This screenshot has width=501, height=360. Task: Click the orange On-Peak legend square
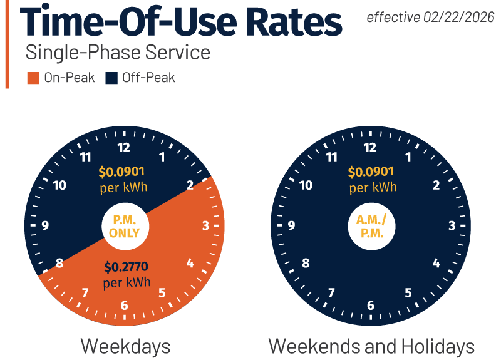34,78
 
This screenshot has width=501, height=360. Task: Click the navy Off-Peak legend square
111,78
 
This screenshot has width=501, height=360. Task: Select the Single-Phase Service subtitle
118,53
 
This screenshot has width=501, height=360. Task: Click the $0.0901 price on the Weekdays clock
124,172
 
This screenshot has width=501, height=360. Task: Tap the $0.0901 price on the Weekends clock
372,172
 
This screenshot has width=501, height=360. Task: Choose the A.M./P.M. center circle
371,227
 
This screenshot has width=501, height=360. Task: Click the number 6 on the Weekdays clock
125,305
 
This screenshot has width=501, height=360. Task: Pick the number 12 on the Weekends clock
371,148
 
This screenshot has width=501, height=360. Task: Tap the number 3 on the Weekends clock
452,226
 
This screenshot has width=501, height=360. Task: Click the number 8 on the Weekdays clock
59,263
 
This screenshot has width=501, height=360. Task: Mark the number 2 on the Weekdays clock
189,185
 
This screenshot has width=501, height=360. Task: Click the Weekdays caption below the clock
125,346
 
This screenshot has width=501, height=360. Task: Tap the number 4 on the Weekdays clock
190,264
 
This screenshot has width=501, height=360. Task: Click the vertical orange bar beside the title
8,44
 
